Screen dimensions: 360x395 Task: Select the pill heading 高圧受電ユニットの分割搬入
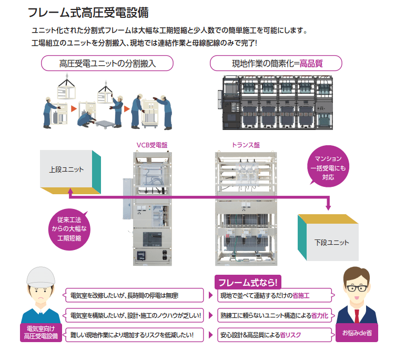pos(108,64)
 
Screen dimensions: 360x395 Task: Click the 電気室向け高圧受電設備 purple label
pos(40,333)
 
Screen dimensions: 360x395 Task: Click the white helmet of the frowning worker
pos(40,277)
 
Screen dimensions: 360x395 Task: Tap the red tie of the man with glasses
pos(357,315)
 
